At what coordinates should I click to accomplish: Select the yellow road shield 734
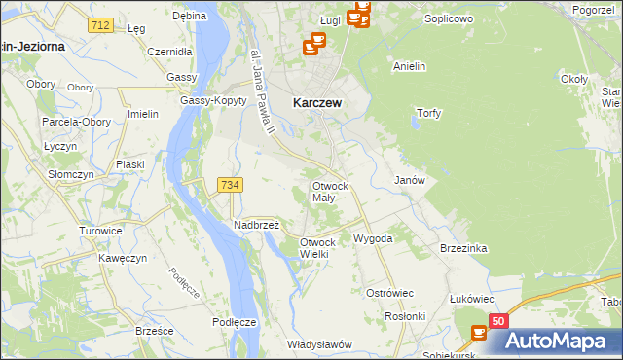tap(231, 185)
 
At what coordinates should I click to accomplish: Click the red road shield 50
tap(497, 321)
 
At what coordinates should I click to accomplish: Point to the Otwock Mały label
tap(329, 191)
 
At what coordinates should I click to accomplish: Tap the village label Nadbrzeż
tap(256, 225)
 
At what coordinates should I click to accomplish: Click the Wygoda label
tap(373, 238)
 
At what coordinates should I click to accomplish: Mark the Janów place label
tap(409, 181)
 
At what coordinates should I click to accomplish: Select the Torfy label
tap(428, 113)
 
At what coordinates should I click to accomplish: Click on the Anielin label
tap(410, 66)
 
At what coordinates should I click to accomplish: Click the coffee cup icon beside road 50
tap(479, 333)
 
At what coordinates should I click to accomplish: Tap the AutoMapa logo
tap(564, 341)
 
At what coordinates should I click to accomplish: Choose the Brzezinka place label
tap(462, 248)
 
